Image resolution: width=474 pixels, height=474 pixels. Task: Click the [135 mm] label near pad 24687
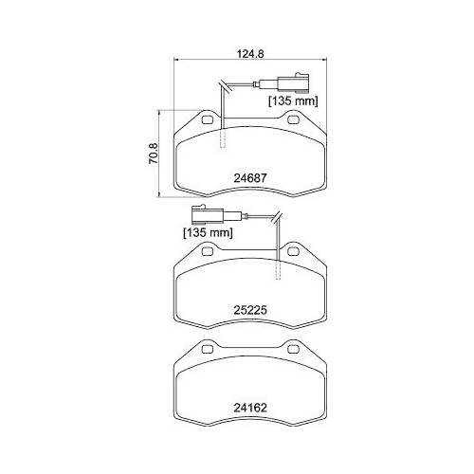pos(290,100)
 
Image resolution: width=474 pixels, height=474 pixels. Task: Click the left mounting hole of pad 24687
pos(206,120)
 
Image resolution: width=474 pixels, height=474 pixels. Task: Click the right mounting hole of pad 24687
pos(292,120)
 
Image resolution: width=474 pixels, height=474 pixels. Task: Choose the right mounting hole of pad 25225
pos(292,252)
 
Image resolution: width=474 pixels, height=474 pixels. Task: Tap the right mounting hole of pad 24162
pos(292,354)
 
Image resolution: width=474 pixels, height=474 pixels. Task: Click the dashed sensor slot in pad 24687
pos(225,133)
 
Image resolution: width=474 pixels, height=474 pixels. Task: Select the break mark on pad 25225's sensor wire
pos(277,220)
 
